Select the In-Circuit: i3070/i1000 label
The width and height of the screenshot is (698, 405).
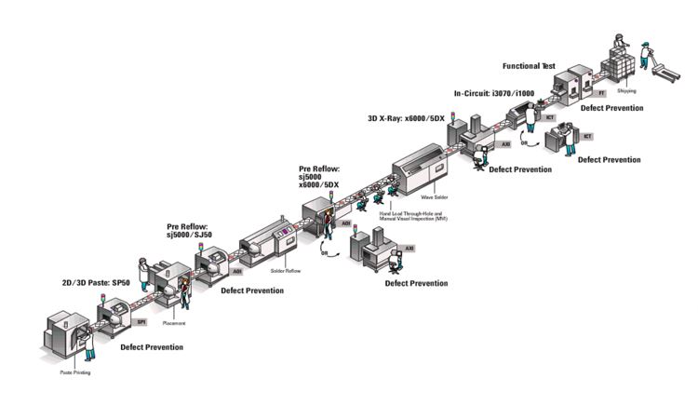[x=500, y=93]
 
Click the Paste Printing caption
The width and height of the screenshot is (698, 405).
[x=67, y=371]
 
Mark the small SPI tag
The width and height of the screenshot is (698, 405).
[x=141, y=322]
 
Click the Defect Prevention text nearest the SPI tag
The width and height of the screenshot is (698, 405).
[x=152, y=347]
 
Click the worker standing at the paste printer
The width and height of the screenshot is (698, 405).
[x=89, y=343]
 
